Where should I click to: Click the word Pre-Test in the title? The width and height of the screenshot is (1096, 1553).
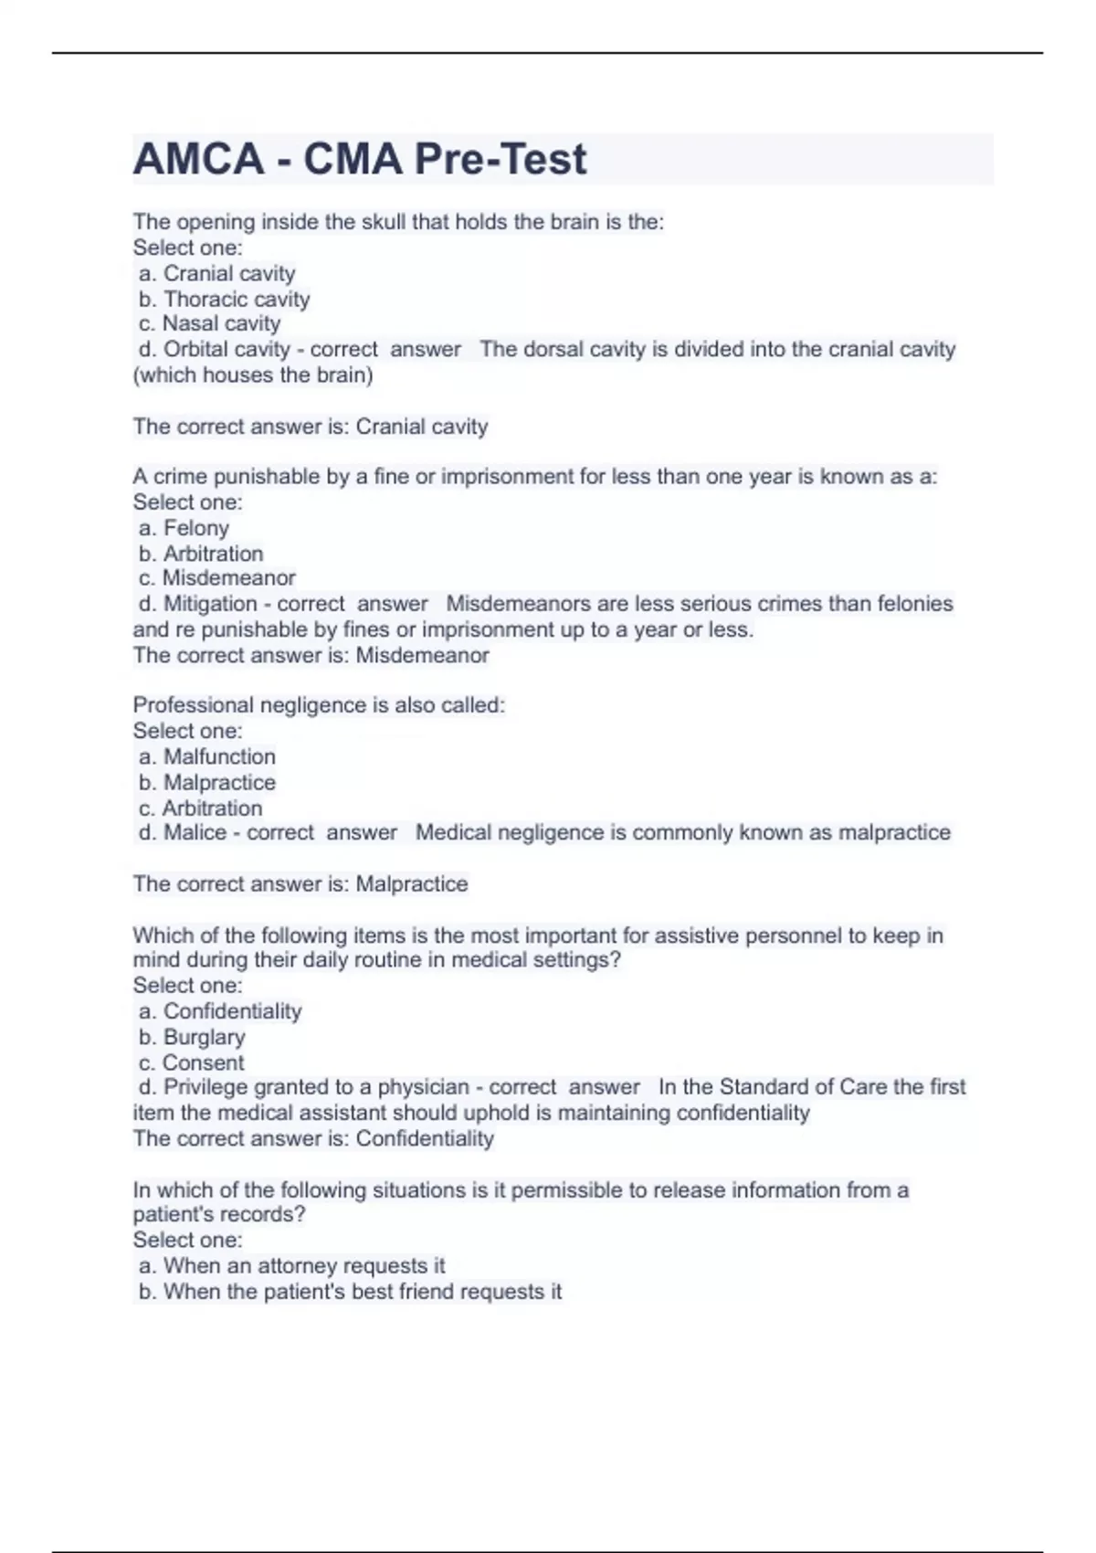click(x=501, y=160)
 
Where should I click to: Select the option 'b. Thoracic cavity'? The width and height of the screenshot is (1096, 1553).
click(x=224, y=299)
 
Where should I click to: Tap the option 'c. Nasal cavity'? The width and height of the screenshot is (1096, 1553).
click(x=209, y=323)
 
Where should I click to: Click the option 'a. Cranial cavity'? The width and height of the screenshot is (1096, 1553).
click(x=216, y=273)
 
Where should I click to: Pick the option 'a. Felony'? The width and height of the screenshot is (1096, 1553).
click(x=184, y=528)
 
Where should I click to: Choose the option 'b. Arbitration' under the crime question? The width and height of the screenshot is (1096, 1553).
click(x=201, y=554)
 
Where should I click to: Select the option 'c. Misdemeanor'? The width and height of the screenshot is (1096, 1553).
click(x=216, y=578)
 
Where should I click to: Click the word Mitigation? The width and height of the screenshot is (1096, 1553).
click(x=210, y=604)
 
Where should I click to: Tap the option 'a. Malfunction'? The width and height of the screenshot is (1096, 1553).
click(x=206, y=756)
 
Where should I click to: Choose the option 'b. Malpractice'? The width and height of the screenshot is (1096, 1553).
click(x=206, y=782)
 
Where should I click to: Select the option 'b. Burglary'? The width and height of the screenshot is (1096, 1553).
click(x=192, y=1037)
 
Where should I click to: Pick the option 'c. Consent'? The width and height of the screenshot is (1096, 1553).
click(x=191, y=1062)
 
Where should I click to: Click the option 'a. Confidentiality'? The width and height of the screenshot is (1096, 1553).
click(x=220, y=1011)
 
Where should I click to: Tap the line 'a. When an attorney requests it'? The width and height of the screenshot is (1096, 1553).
click(x=291, y=1265)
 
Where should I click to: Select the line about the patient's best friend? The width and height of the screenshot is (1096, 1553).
click(x=350, y=1291)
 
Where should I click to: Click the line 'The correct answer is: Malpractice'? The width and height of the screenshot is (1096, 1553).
click(x=300, y=883)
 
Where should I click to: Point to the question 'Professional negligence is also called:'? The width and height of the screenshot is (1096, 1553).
click(x=319, y=705)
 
